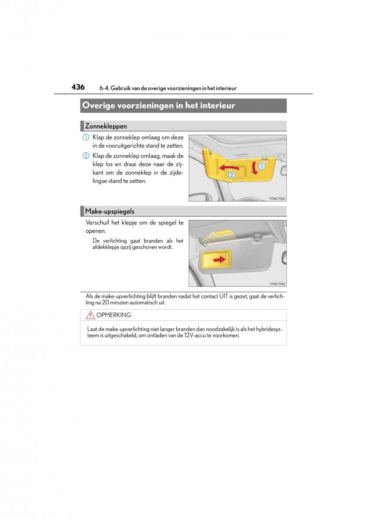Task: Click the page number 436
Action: [78, 87]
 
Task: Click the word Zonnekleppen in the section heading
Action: [106, 126]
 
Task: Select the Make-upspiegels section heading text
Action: [109, 211]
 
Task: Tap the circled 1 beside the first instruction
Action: [86, 138]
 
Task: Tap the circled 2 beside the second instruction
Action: [86, 156]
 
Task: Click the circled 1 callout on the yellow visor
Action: [261, 165]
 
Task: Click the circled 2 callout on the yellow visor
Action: [231, 175]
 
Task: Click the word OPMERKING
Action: [114, 315]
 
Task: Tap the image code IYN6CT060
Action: [277, 199]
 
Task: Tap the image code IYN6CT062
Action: [277, 284]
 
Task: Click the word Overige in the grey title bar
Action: [97, 106]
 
